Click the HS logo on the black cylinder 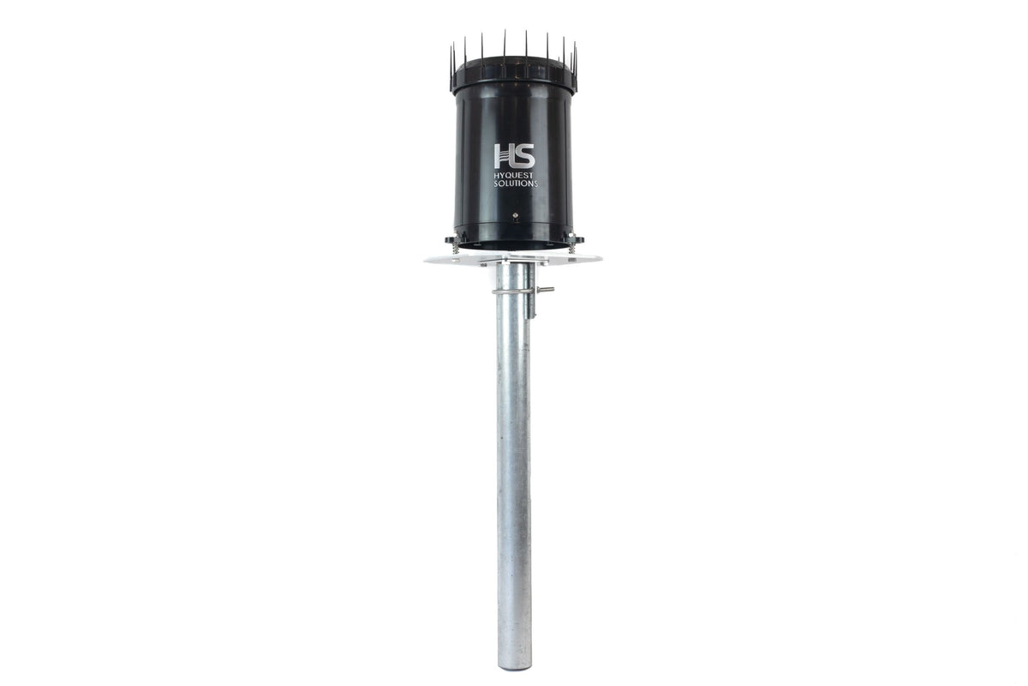pos(515,156)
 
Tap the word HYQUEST pos(515,176)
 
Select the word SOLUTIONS pos(516,184)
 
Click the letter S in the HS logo pos(524,156)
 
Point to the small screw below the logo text pos(515,215)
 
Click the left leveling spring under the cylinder pos(455,248)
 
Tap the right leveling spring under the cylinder pos(571,247)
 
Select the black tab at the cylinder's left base pos(452,239)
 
